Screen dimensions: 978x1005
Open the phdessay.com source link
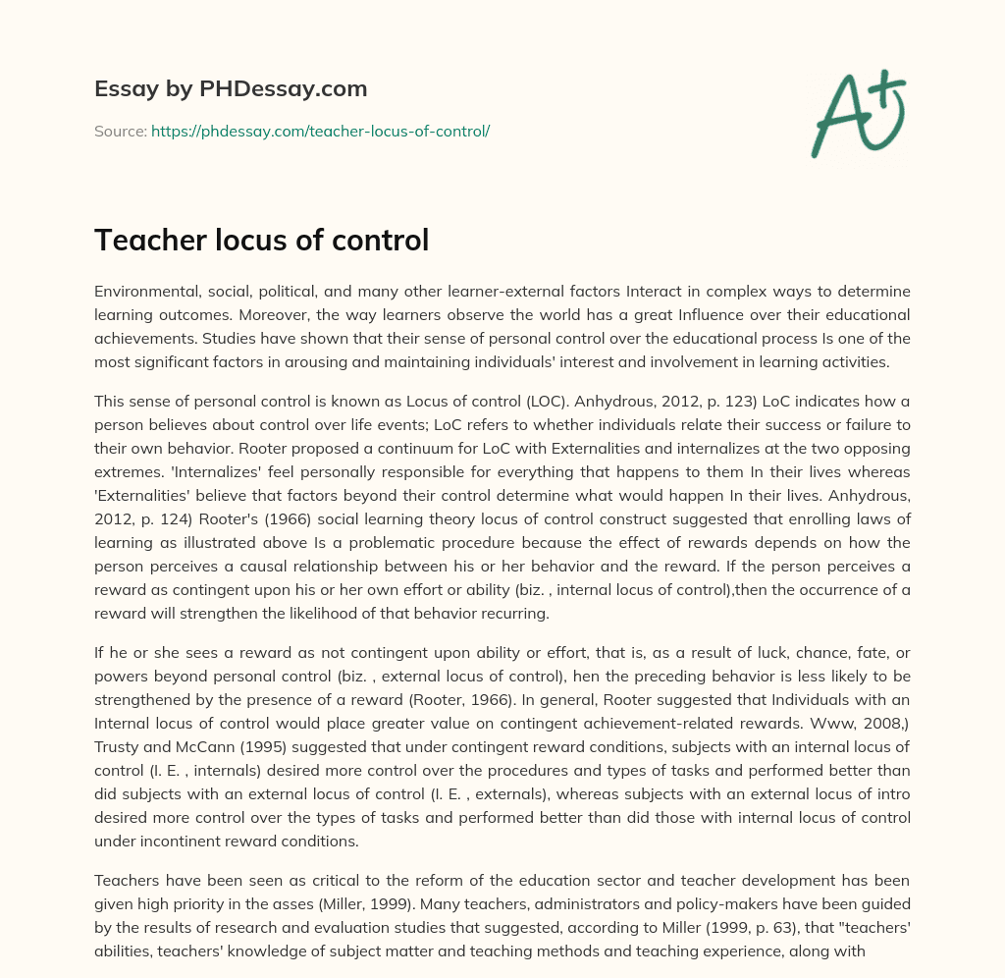[x=320, y=131]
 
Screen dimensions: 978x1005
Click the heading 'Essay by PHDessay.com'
[x=231, y=89]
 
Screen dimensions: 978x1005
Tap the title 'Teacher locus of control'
[x=261, y=240]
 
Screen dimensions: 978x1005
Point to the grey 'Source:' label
[x=121, y=131]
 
